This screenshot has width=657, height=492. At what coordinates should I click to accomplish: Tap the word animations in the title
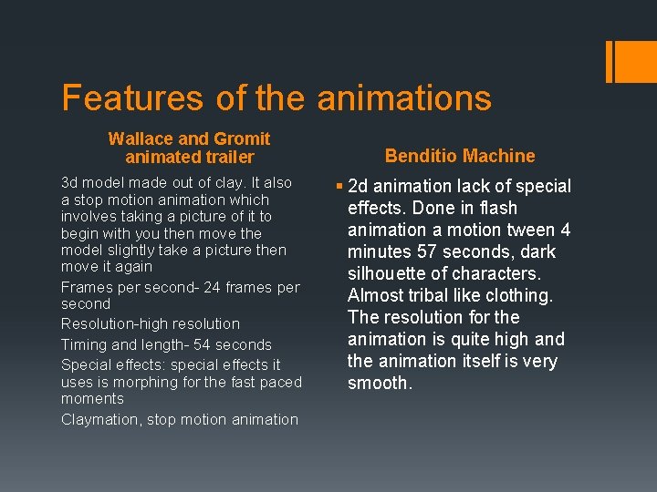(x=404, y=98)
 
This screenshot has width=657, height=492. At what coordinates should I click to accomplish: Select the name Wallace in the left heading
(x=141, y=139)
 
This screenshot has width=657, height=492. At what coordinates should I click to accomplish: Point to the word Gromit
(x=242, y=139)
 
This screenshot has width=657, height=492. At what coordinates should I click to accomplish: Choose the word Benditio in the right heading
(x=421, y=156)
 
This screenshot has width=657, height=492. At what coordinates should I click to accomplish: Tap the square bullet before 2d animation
(x=339, y=187)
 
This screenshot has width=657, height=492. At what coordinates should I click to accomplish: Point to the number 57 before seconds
(x=423, y=251)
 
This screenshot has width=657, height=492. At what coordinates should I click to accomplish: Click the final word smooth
(x=379, y=383)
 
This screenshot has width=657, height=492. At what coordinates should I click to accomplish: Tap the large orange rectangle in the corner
(x=631, y=61)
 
